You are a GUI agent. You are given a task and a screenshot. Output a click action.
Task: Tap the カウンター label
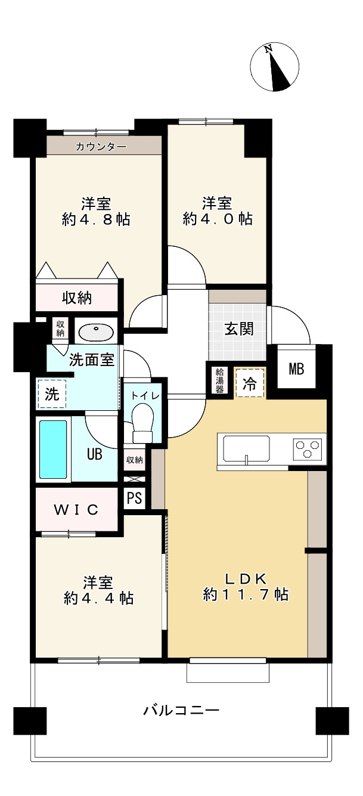coord(101,146)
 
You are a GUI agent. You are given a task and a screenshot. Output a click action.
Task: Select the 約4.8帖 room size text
coord(96,219)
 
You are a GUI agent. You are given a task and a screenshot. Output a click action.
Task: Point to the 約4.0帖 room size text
coord(218,219)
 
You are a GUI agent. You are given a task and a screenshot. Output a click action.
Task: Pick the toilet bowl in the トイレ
coord(143,417)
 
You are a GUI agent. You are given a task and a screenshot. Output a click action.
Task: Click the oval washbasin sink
coord(95,332)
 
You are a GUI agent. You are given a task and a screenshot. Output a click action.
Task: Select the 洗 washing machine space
coord(52,394)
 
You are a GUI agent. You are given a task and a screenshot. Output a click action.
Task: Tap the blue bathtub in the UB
coord(53,449)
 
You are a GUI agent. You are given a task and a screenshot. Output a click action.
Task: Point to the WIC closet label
coord(76,510)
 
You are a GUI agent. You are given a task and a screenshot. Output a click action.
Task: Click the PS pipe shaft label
coord(135,498)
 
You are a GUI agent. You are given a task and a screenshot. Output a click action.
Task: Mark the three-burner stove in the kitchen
coord(308,448)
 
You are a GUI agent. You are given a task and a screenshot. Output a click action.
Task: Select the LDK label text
coord(248,578)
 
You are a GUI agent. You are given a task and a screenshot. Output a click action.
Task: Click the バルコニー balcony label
coord(181,710)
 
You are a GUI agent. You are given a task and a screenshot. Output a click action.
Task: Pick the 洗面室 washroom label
coord(92,360)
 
